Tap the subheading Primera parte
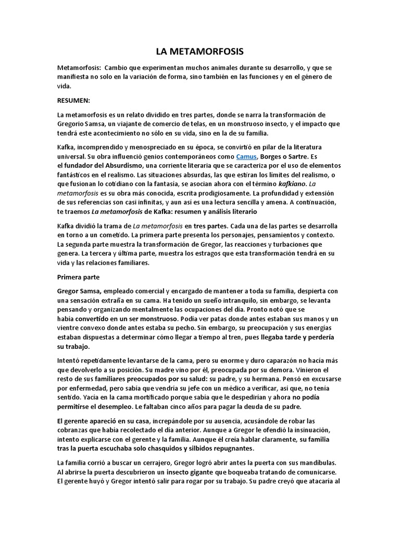pos(78,276)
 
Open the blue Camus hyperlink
pos(245,156)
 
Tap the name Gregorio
pos(72,124)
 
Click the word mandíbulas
pos(314,463)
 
